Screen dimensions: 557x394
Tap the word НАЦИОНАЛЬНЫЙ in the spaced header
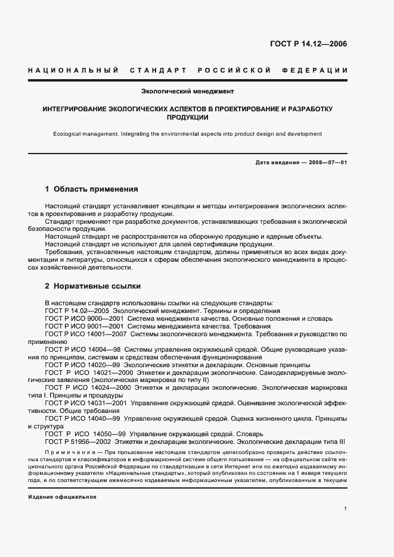[x=73, y=70]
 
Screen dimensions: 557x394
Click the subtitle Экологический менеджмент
[x=187, y=92]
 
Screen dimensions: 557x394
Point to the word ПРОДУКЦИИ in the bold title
[x=187, y=118]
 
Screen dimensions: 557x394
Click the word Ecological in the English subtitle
[x=68, y=134]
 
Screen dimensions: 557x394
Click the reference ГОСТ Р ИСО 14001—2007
[x=87, y=334]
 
